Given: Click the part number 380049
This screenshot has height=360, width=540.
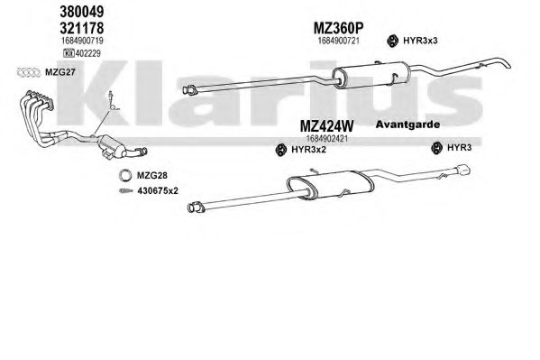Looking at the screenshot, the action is point(82,12).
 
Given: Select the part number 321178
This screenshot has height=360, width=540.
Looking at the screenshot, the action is point(82,28).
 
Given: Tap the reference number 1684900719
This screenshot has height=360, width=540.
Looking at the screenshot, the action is point(82,41).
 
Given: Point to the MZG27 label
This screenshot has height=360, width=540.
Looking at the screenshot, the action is point(60,73).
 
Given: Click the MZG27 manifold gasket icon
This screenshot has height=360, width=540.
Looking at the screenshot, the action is point(29,73).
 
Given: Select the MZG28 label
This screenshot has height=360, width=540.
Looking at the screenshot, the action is point(152,176).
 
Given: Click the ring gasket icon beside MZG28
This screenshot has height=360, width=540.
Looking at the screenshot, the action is point(125,176).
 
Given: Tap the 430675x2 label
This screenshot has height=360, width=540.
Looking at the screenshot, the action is point(158,190).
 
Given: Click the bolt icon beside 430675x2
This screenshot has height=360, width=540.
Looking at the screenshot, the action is point(125,190).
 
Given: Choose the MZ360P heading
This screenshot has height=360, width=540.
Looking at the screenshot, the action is point(339,28).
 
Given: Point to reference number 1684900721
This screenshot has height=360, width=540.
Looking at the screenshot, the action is point(339,41).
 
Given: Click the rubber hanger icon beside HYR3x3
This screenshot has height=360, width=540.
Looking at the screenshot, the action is point(392,41).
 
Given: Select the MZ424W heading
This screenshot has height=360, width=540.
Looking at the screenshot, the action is point(327,126).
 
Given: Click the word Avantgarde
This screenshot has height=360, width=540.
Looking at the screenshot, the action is point(407,125).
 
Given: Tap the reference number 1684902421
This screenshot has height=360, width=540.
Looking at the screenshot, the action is point(327,139).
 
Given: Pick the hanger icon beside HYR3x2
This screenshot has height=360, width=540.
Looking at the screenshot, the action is point(281,150).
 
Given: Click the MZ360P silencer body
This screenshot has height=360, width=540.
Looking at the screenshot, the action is point(370,75).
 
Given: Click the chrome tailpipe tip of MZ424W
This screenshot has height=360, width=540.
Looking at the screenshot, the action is point(463,170).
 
